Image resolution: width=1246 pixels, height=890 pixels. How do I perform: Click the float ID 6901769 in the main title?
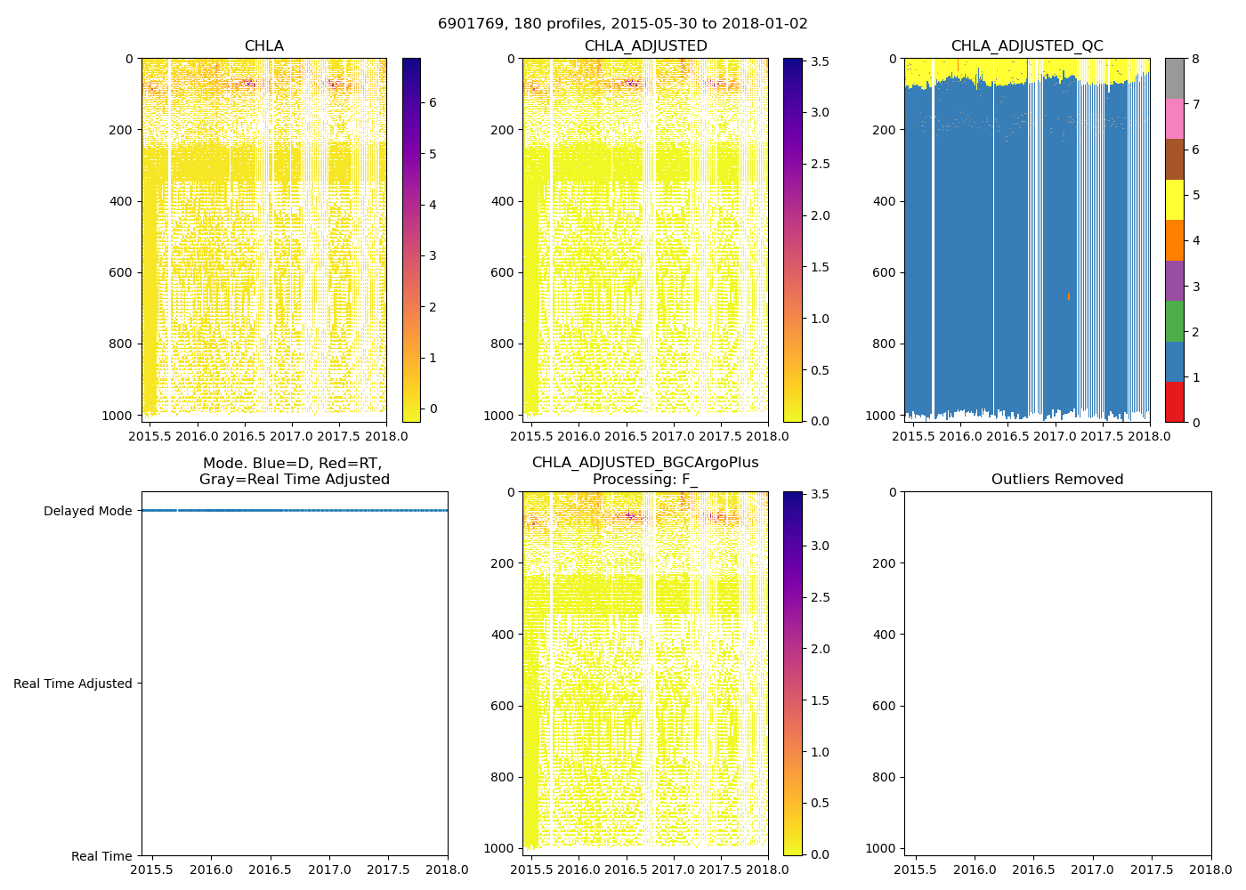point(468,24)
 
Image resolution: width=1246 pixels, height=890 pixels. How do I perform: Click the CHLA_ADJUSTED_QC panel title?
point(1027,46)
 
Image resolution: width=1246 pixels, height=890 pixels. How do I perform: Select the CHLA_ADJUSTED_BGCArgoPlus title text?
point(645,463)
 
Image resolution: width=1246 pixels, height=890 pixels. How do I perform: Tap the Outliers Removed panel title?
point(1057,480)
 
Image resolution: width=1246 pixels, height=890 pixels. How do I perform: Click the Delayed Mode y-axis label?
point(87,511)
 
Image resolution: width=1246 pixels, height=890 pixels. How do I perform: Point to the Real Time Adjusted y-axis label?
point(73,684)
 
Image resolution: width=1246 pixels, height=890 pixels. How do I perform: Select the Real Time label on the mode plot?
point(101,856)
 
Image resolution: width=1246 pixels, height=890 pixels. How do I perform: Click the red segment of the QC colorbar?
point(1175,402)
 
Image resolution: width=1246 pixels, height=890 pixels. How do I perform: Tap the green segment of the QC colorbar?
point(1175,321)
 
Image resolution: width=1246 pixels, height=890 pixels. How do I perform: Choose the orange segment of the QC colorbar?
point(1175,240)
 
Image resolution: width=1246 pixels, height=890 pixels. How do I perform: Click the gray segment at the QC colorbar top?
point(1175,78)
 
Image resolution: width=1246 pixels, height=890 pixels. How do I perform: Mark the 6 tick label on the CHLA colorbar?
point(433,102)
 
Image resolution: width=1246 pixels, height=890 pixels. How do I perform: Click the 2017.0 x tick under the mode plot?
point(330,870)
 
